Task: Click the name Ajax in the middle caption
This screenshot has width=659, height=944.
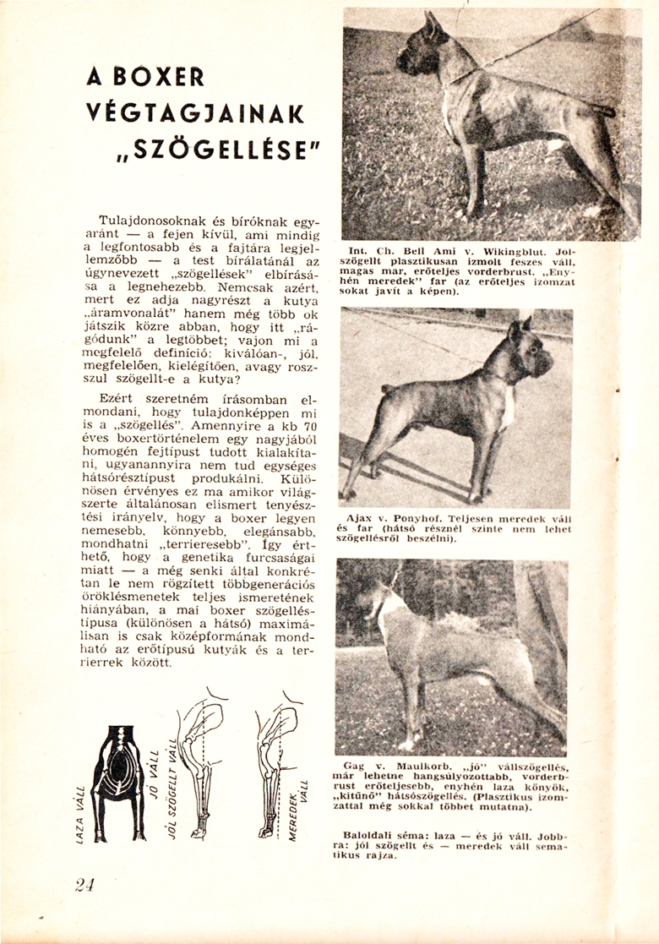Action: [x=361, y=516]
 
